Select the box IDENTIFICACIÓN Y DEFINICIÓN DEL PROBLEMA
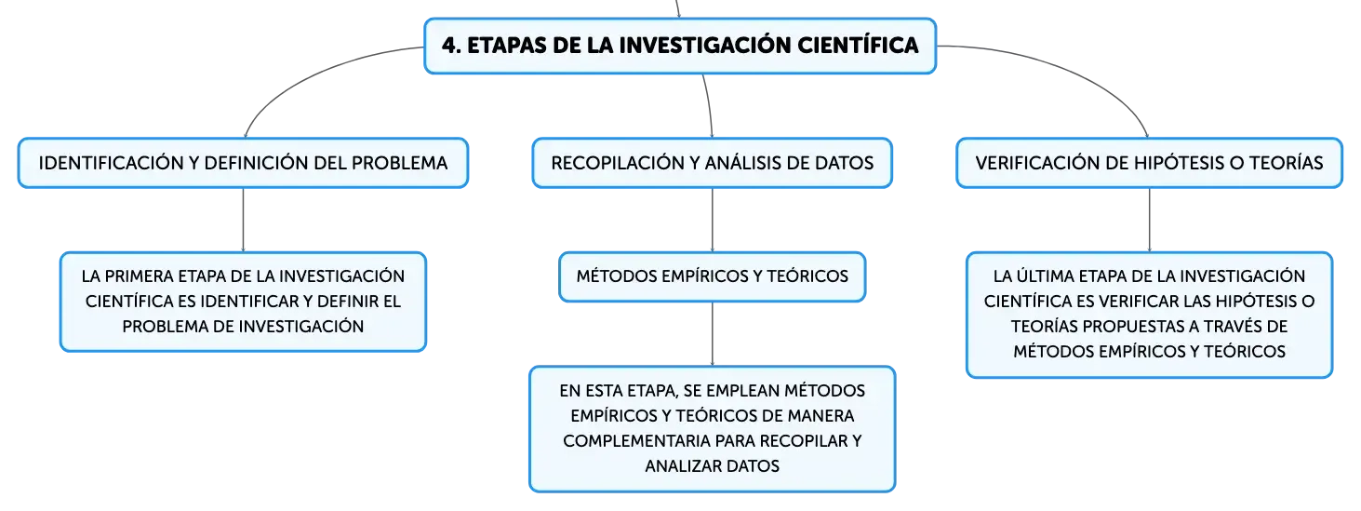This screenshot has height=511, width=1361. pos(243,163)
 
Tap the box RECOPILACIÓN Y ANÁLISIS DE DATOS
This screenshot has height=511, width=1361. pos(712,163)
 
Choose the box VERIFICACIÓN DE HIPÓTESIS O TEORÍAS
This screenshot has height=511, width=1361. pos(1149,163)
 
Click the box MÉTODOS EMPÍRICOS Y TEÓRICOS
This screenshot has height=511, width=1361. pos(712,276)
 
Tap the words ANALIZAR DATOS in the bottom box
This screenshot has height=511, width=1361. pos(712,466)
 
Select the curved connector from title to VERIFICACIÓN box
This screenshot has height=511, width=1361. pos(1070,69)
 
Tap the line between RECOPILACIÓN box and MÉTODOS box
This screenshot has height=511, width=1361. pos(712,220)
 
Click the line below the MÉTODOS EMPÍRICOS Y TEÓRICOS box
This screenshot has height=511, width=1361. pos(712,334)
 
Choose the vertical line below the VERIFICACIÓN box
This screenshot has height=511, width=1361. pos(1149,220)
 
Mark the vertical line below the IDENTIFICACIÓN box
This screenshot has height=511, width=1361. pos(243,220)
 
